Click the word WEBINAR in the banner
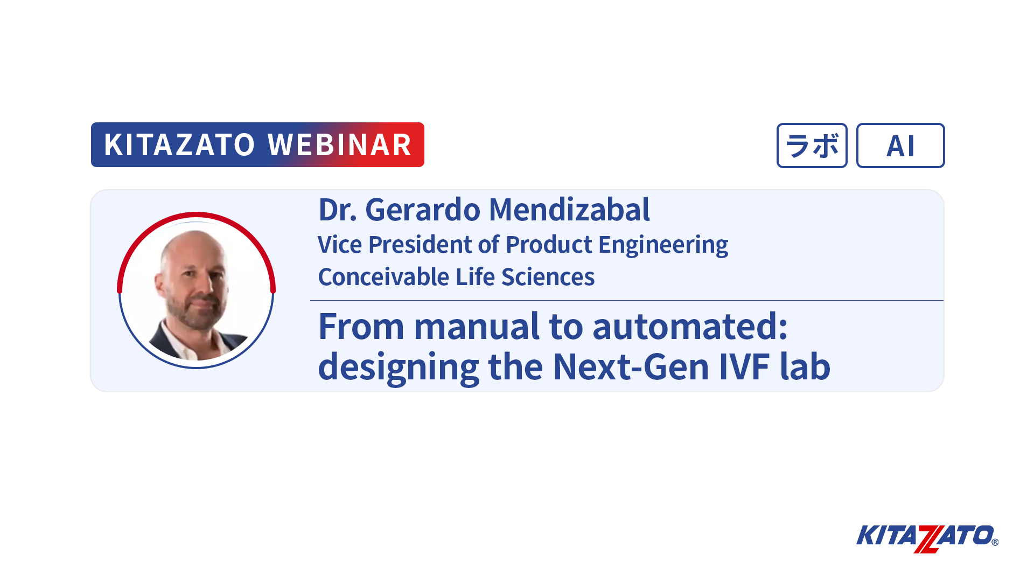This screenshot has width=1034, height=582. coord(340,144)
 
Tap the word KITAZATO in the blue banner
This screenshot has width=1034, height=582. coord(179,144)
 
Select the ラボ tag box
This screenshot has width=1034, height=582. coord(812,145)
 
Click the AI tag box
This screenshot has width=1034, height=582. coord(900,145)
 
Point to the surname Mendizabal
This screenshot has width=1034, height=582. coord(569,210)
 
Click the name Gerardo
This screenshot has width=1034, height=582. coord(423,210)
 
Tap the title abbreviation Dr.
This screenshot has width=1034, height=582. coord(338,210)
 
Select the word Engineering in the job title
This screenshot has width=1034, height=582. coord(663,245)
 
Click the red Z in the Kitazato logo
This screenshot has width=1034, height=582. coord(928,539)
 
